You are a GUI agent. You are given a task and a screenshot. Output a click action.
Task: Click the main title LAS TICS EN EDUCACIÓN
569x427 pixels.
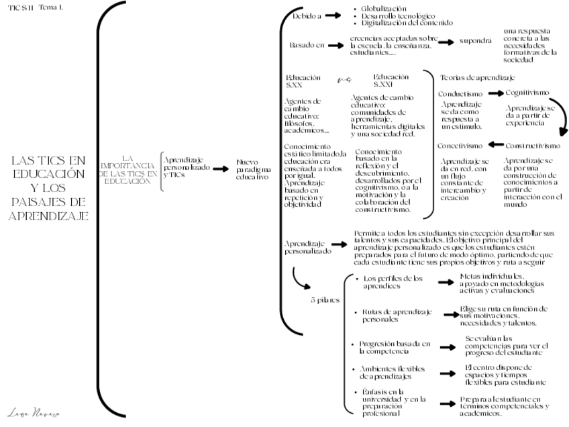[50, 188]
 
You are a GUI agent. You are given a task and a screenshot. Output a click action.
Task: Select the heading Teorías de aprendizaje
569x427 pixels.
[477, 77]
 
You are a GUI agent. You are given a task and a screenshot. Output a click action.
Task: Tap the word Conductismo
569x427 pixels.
[460, 94]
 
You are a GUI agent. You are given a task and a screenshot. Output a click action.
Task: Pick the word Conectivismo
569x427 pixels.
[460, 146]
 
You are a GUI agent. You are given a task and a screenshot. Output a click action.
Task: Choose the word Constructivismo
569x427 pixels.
[533, 146]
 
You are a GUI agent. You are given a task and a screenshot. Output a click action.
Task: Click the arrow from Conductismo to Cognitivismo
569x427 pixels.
[495, 93]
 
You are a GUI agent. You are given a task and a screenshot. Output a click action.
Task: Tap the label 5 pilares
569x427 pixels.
[325, 301]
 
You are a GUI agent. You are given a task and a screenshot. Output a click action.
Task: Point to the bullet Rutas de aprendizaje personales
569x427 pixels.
[393, 316]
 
